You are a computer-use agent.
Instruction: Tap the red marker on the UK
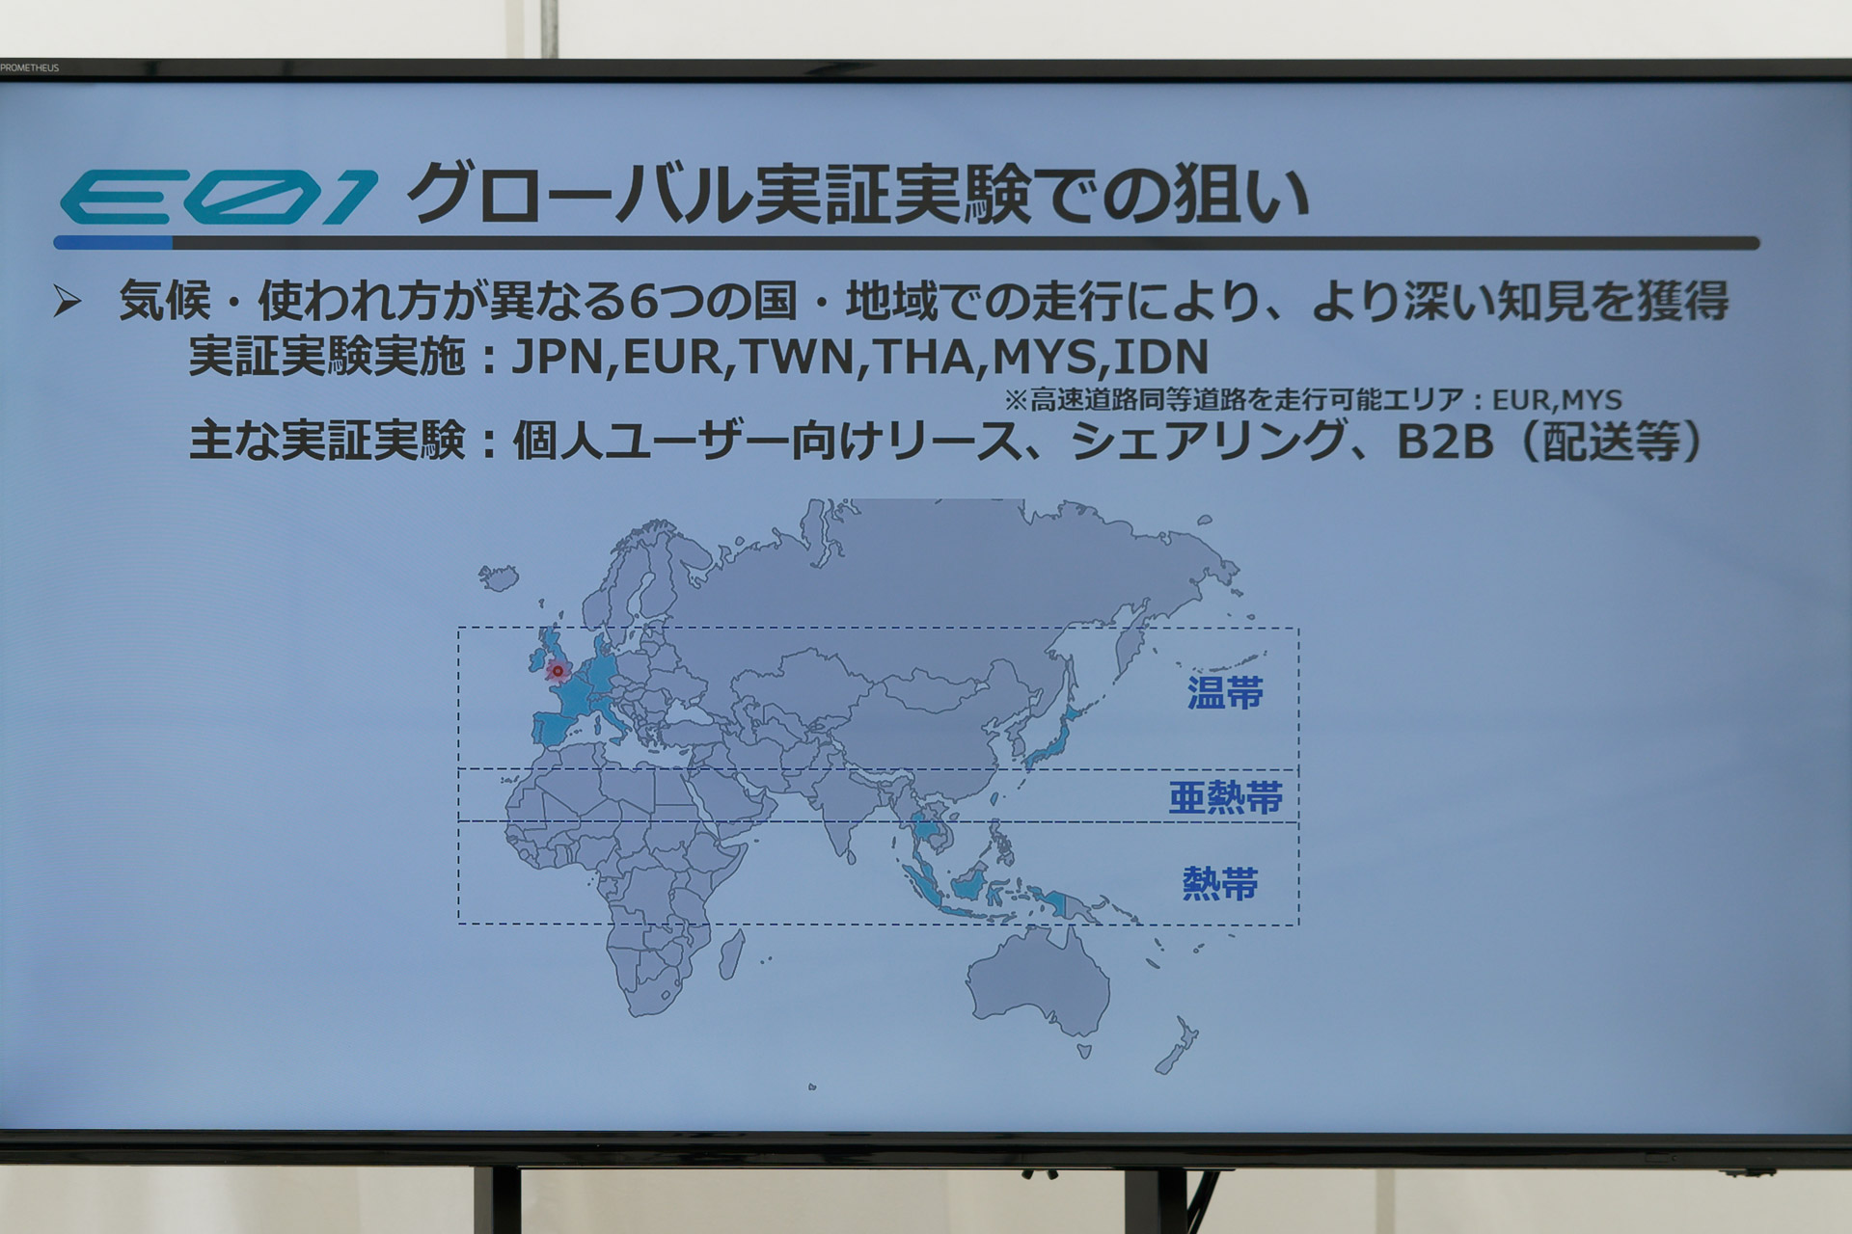point(557,670)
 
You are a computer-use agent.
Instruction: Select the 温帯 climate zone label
point(1225,692)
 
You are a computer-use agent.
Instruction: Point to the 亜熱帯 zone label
point(1225,797)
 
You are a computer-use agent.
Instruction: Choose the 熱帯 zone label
point(1220,883)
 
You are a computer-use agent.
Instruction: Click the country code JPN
point(559,358)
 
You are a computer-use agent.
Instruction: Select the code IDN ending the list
point(1160,358)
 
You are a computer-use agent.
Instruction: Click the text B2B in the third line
point(1444,442)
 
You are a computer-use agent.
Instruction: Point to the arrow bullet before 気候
point(68,302)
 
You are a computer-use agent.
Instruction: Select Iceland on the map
point(499,577)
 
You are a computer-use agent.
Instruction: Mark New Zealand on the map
point(1177,1046)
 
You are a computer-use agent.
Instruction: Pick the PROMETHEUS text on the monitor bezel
point(30,67)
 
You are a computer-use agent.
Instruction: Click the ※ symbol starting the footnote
point(1016,399)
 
